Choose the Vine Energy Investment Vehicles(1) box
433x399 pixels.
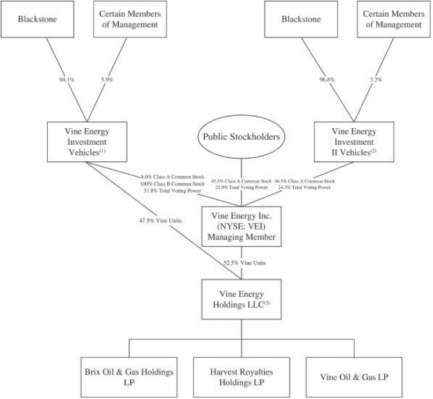click(86, 142)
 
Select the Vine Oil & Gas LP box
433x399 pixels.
click(354, 376)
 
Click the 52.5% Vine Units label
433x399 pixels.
click(245, 262)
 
